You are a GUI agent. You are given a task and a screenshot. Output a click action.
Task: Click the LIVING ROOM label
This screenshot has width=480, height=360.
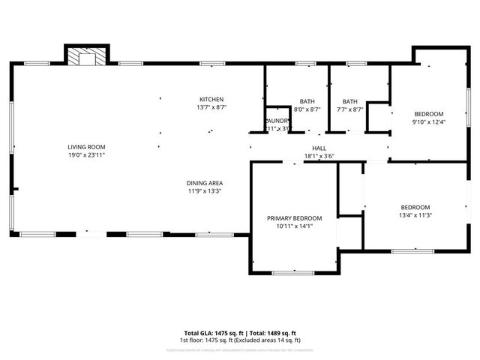click(x=86, y=147)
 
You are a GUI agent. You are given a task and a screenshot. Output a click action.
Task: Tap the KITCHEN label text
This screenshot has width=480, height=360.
click(x=211, y=100)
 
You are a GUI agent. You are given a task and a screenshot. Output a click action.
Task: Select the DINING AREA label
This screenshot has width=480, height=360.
click(x=205, y=183)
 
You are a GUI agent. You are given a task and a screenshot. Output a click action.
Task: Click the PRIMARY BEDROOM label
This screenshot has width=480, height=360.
click(x=293, y=218)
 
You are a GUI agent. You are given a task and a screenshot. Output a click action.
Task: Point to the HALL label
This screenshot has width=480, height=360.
click(x=319, y=148)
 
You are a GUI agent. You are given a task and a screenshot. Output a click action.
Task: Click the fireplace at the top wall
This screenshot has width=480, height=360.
click(x=86, y=58)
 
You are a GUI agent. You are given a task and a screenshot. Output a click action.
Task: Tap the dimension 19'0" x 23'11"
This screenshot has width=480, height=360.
click(x=86, y=155)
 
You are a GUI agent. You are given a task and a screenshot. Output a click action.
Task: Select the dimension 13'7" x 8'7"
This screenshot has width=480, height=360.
click(x=211, y=108)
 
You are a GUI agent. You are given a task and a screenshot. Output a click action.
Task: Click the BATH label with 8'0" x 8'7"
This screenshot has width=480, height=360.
click(x=307, y=101)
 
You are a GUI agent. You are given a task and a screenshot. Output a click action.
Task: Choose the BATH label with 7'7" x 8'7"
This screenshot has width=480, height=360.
click(x=349, y=101)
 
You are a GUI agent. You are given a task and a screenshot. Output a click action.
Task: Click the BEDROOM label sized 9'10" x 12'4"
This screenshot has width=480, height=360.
click(x=428, y=113)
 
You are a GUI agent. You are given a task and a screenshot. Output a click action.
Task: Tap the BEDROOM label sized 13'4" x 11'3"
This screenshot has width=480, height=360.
click(x=415, y=207)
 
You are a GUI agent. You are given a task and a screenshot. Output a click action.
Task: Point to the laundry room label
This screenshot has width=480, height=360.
click(x=277, y=121)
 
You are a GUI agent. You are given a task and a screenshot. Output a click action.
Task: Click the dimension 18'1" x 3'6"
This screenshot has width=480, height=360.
click(x=319, y=157)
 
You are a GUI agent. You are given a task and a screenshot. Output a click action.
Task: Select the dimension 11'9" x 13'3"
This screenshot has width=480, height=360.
click(x=205, y=191)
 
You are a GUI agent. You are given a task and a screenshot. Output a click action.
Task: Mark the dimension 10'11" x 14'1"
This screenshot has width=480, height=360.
click(x=293, y=226)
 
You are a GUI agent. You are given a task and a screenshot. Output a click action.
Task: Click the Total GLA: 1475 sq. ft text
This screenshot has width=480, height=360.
click(x=212, y=333)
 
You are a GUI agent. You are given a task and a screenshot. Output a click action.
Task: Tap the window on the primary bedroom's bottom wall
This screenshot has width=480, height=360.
click(x=292, y=273)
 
